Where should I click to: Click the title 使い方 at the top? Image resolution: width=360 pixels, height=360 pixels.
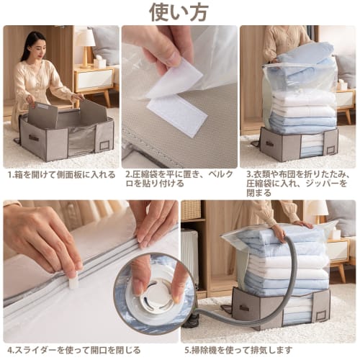[x=179, y=12]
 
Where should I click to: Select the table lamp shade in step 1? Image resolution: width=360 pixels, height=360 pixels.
[x=86, y=37]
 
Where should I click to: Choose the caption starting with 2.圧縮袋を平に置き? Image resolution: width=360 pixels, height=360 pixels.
[x=179, y=179]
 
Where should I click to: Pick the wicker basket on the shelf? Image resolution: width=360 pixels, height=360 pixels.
[x=190, y=210]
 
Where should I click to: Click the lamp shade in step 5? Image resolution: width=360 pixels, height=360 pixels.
[x=316, y=210]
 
